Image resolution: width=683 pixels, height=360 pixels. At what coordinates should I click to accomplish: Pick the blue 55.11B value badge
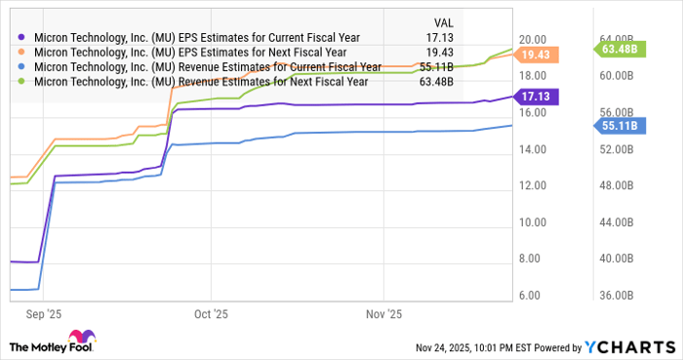617,125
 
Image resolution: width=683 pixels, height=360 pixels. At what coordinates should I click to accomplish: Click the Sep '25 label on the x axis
45,314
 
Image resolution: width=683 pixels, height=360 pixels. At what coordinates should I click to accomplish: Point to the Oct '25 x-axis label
211,314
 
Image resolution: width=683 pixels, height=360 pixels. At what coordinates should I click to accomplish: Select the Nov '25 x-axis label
383,314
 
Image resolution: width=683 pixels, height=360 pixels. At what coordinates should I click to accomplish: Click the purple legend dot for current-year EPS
21,37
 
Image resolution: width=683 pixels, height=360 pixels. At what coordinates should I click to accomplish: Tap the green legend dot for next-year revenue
21,82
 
